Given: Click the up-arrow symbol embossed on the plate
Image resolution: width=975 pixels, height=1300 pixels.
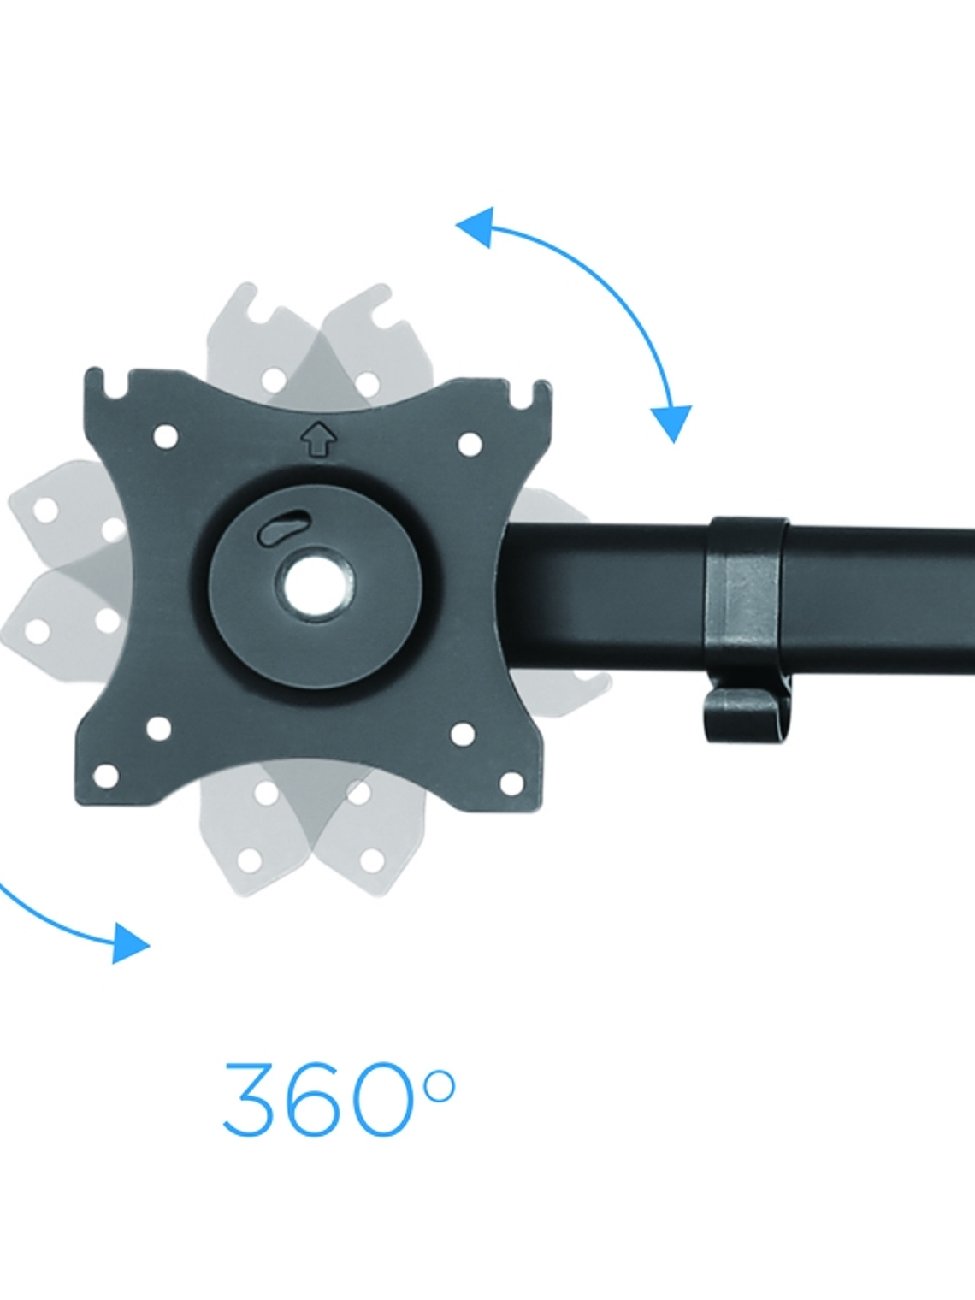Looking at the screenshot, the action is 318,438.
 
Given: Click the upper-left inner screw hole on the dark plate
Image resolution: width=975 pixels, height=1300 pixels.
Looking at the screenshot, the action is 165,436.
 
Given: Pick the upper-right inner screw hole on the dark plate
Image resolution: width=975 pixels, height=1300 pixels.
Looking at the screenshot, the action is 470,444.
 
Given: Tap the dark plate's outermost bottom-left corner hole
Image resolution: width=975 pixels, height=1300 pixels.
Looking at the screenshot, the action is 106,777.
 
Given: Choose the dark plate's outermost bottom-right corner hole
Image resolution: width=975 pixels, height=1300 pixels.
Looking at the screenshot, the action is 512,783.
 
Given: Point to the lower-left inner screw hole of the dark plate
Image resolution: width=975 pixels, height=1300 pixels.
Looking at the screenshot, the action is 158,729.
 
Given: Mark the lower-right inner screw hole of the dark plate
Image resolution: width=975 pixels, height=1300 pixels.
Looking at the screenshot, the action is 464,735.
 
